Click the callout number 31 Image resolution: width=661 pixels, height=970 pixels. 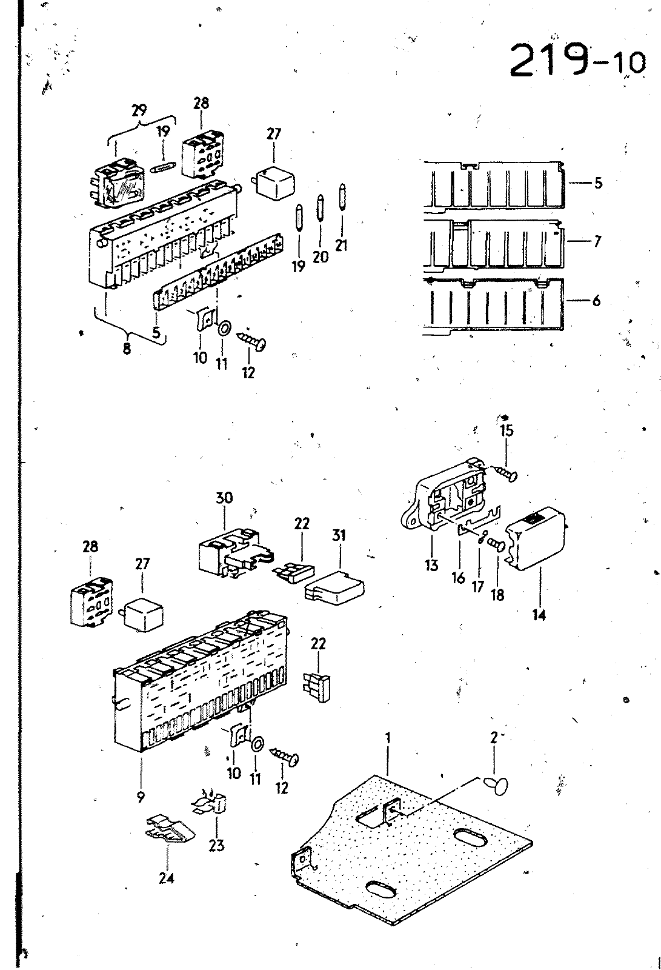click(x=339, y=536)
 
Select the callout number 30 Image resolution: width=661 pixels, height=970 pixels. click(x=224, y=498)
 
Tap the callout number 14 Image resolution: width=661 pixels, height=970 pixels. click(x=539, y=615)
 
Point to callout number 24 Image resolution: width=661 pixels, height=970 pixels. click(x=166, y=878)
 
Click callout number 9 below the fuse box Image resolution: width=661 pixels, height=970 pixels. click(x=141, y=797)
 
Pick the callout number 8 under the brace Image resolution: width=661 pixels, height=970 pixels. click(x=127, y=349)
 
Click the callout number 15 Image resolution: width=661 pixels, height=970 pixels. click(x=507, y=431)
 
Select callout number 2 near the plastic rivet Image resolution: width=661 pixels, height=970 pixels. click(x=494, y=738)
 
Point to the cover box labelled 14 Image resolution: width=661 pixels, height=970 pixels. click(x=537, y=537)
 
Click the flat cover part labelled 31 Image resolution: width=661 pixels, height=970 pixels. click(x=334, y=587)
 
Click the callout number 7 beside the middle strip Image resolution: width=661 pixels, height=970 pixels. click(x=597, y=241)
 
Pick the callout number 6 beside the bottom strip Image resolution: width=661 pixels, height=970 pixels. click(x=597, y=300)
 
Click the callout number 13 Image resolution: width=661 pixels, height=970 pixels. click(x=431, y=565)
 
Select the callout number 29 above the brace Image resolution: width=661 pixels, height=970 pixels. click(x=139, y=110)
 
